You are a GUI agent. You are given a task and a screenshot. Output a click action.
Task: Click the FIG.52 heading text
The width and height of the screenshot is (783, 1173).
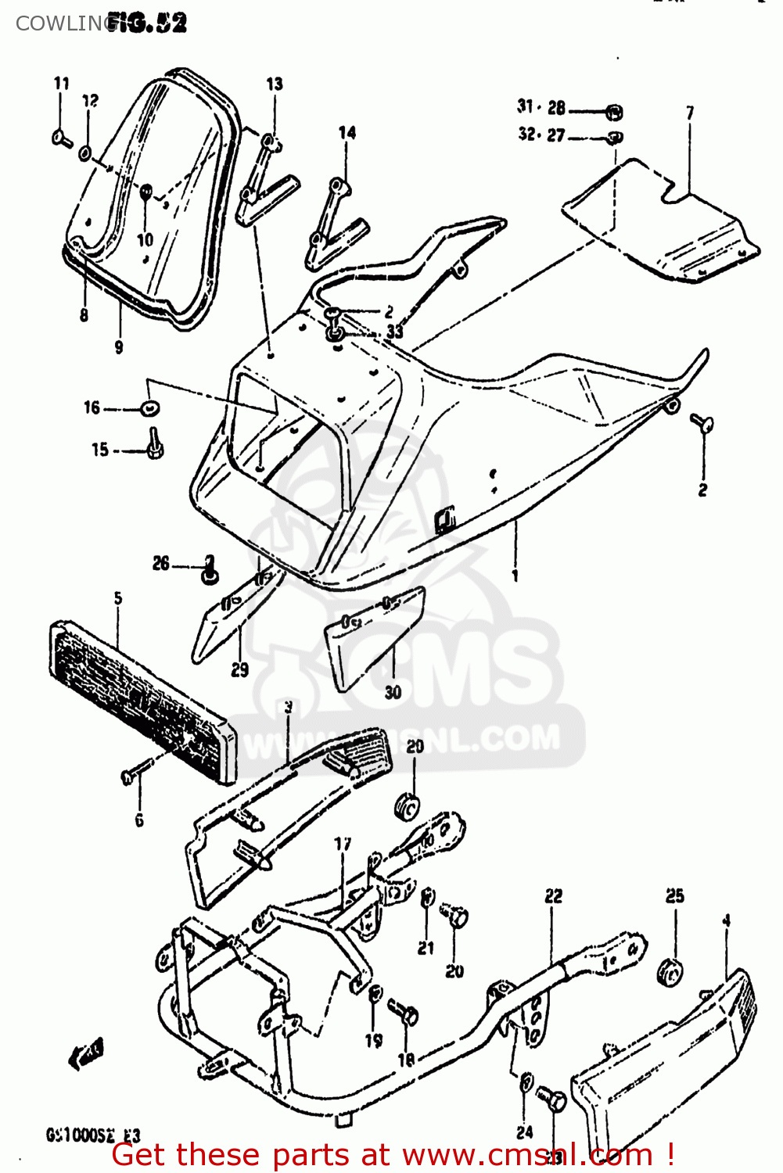[147, 23]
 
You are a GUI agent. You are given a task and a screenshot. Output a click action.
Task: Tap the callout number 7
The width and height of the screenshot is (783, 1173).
[690, 113]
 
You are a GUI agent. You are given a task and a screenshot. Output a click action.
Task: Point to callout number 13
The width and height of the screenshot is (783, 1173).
[275, 84]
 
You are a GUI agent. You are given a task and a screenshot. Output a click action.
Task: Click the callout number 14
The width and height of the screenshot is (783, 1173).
[347, 133]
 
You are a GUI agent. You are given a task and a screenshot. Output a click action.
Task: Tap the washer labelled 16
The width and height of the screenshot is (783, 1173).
[149, 407]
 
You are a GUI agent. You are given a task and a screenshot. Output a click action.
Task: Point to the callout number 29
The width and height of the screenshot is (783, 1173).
[240, 669]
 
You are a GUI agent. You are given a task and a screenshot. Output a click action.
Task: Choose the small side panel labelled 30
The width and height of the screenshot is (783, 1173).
[375, 637]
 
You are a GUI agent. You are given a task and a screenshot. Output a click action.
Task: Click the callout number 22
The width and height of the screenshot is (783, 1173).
[554, 896]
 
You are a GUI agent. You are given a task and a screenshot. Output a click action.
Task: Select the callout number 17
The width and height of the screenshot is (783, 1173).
[343, 844]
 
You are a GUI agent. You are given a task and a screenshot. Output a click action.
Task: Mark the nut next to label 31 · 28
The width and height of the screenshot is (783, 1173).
[615, 113]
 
